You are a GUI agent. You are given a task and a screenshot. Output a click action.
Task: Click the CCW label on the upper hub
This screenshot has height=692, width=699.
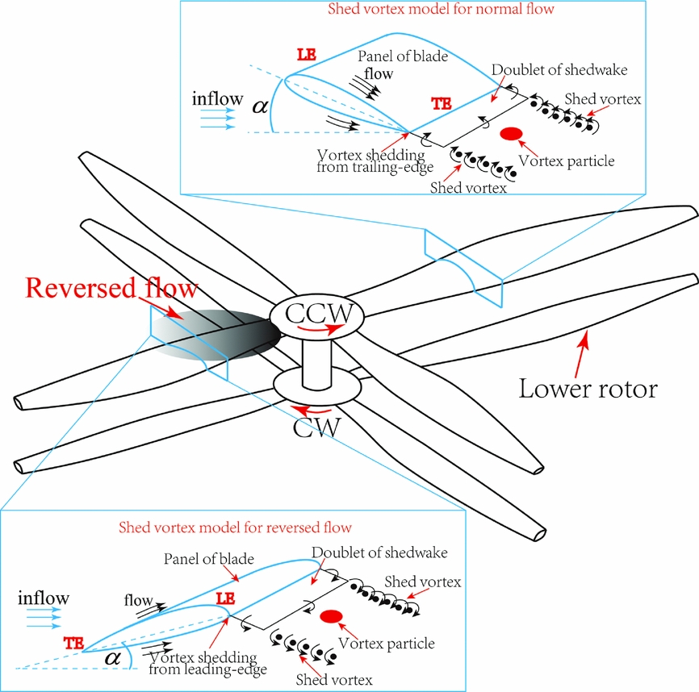[x=315, y=311]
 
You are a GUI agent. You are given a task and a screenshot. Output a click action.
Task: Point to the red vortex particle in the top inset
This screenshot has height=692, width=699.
[x=511, y=133]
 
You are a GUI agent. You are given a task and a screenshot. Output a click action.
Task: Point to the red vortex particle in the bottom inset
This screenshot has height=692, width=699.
[x=329, y=617]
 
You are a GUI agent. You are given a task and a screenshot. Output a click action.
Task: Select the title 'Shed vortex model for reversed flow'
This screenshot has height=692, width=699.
[x=235, y=528]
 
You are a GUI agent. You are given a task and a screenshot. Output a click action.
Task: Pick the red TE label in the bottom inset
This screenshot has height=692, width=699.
[x=73, y=643]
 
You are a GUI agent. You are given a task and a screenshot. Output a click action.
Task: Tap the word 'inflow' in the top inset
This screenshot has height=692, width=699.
[x=217, y=99]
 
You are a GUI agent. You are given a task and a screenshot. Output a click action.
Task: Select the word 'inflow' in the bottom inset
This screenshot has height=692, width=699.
[x=43, y=598]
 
